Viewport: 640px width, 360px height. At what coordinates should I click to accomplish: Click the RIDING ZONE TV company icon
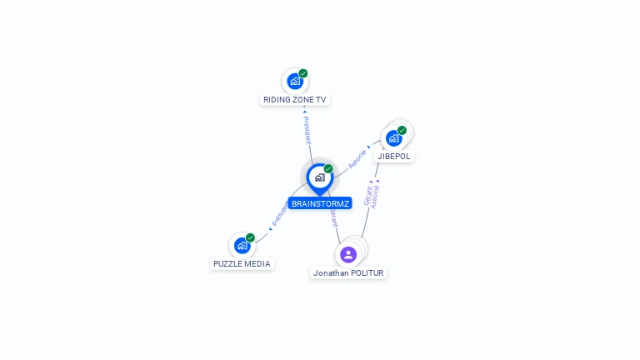294,82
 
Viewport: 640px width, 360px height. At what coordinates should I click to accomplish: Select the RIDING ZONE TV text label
295,99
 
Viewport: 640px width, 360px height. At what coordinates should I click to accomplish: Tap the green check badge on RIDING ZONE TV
303,73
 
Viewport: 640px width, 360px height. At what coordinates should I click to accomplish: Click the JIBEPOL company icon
393,138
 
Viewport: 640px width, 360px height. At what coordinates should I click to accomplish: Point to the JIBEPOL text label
394,156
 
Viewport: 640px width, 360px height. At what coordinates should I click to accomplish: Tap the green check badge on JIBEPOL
402,131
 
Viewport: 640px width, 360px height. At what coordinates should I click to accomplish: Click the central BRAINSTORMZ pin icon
319,177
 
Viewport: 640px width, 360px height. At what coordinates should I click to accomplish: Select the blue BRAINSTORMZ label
320,203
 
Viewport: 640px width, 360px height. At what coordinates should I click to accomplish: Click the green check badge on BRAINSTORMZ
328,169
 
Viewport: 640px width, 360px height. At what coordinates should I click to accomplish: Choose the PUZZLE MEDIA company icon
242,246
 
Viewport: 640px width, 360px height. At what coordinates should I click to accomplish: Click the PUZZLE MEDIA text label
242,263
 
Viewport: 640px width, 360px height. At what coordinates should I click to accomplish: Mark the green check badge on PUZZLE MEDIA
250,237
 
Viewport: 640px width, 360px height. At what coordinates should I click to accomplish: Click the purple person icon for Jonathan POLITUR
348,254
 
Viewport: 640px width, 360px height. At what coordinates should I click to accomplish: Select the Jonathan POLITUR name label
348,272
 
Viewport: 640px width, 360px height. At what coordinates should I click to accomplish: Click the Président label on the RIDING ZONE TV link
307,130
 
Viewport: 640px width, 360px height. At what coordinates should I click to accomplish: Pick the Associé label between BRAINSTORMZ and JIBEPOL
357,159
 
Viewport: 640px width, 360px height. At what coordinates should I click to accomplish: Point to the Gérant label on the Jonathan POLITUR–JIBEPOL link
367,197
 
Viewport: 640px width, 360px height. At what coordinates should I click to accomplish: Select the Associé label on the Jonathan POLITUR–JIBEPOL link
375,195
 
